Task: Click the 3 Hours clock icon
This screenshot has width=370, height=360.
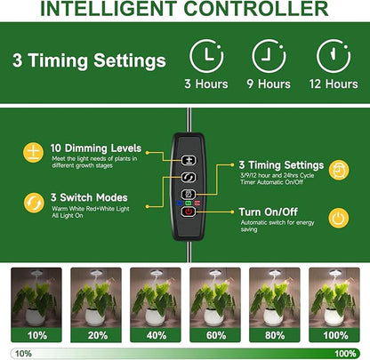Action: click(206, 56)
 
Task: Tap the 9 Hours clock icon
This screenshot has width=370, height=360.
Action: click(269, 56)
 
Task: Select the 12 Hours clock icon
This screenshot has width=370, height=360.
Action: click(334, 56)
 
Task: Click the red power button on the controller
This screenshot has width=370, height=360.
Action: click(189, 212)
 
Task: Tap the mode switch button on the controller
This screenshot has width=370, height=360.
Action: click(189, 178)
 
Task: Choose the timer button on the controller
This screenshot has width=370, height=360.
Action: click(189, 195)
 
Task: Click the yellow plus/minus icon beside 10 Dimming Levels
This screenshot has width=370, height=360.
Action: click(33, 153)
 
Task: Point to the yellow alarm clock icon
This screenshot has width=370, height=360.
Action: click(339, 170)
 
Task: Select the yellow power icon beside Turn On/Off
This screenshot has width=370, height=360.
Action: click(339, 218)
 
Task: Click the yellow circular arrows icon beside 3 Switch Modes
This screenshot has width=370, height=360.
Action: click(34, 203)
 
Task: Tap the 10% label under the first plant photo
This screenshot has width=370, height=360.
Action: click(37, 335)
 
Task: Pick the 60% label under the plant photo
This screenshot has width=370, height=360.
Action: click(216, 335)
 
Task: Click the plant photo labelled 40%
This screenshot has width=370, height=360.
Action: click(156, 297)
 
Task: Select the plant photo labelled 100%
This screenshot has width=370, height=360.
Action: click(334, 297)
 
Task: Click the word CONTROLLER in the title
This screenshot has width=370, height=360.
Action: click(256, 9)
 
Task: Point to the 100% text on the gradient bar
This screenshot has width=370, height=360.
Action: click(345, 354)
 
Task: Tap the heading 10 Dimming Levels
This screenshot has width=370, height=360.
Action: click(96, 148)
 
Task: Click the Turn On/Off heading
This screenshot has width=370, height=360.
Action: click(269, 212)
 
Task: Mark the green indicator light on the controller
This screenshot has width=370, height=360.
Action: click(189, 203)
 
